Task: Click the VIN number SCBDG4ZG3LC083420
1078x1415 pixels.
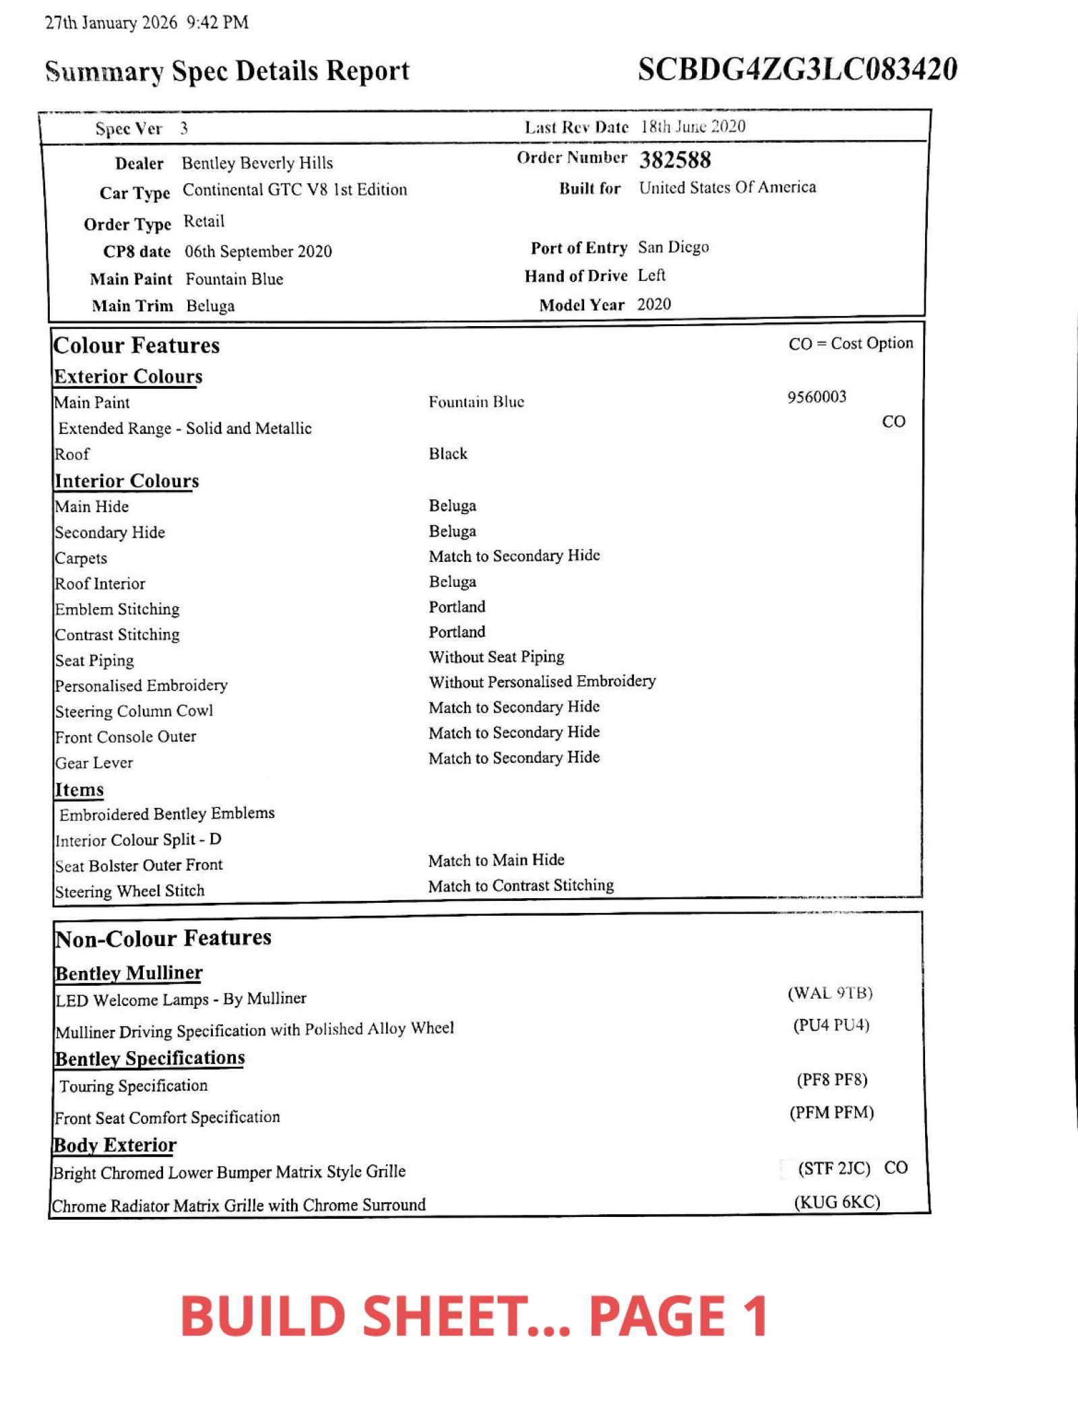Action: click(x=797, y=69)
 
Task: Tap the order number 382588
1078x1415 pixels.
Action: click(x=675, y=160)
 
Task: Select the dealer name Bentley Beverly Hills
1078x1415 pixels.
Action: click(x=257, y=163)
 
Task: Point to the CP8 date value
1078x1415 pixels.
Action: click(x=259, y=251)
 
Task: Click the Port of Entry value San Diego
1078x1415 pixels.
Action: click(x=673, y=247)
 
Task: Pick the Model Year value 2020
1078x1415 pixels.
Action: click(x=654, y=305)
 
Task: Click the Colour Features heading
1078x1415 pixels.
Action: click(x=137, y=346)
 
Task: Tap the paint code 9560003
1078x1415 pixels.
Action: click(x=817, y=397)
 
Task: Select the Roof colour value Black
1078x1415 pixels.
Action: click(x=448, y=453)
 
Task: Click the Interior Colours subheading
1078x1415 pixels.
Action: click(x=127, y=481)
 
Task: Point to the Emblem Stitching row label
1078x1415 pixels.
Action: click(x=117, y=609)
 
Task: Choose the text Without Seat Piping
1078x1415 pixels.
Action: click(x=497, y=657)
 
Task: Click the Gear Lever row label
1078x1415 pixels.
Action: click(x=94, y=763)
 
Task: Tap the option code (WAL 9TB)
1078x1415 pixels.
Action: click(x=830, y=993)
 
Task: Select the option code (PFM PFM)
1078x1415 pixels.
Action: click(x=831, y=1112)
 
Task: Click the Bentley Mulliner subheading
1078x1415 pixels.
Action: click(x=129, y=973)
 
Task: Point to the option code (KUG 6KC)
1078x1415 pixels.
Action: click(x=837, y=1203)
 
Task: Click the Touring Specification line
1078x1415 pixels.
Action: click(x=133, y=1086)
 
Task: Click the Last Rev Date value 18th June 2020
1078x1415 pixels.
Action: click(x=693, y=127)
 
